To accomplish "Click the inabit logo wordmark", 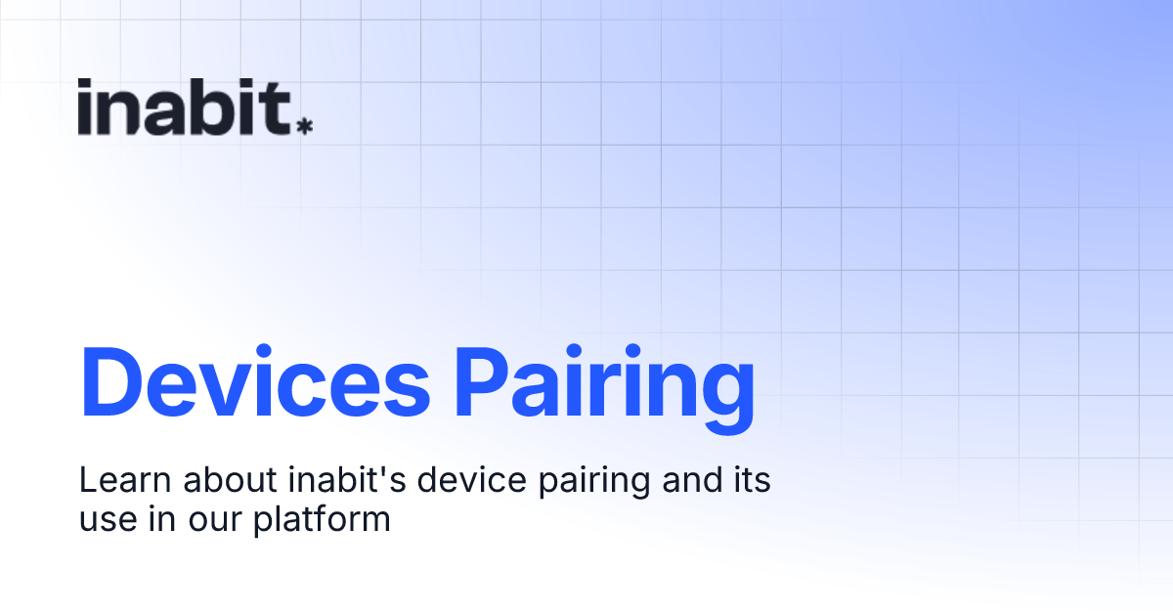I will point(185,107).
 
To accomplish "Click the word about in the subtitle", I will point(225,481).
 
